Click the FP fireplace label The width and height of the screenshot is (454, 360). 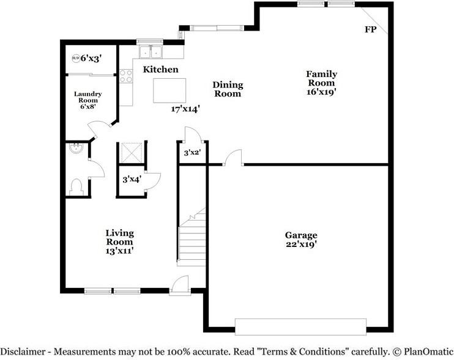click(370, 29)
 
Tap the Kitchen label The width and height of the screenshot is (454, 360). click(161, 70)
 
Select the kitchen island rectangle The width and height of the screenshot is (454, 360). click(169, 90)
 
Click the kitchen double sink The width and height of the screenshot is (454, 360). click(151, 52)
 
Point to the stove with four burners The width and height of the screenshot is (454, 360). click(126, 76)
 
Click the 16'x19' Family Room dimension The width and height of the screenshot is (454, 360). click(321, 92)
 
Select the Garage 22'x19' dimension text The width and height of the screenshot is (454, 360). click(301, 244)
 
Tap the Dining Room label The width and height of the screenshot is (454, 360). click(228, 89)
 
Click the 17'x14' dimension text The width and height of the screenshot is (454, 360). click(185, 109)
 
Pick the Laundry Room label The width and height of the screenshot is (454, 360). click(88, 97)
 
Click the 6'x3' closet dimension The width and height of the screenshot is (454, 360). click(91, 59)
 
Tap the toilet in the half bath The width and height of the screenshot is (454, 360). click(76, 188)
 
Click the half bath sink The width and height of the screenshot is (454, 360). click(76, 148)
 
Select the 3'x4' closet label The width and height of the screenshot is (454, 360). click(132, 180)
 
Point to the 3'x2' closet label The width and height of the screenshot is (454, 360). click(193, 152)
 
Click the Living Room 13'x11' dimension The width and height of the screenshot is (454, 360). click(119, 251)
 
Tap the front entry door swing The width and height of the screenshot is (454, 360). click(180, 285)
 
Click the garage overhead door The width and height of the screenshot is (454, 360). click(300, 327)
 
